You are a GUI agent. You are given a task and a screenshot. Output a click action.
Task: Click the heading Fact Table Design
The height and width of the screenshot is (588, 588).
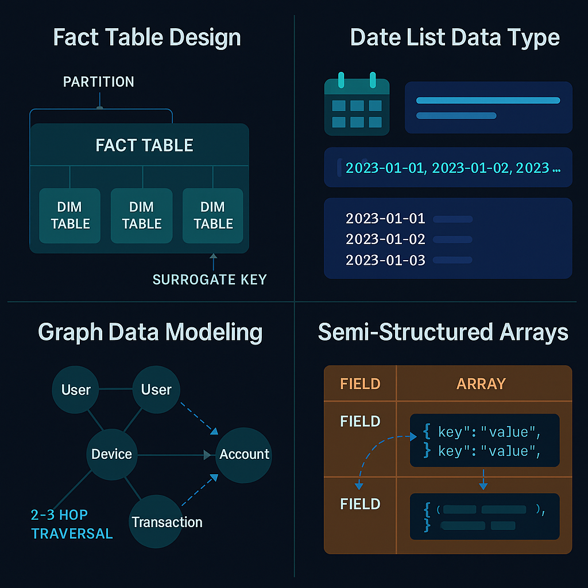pyautogui.click(x=146, y=38)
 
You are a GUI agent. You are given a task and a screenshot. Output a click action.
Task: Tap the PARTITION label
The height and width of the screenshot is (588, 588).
pyautogui.click(x=98, y=82)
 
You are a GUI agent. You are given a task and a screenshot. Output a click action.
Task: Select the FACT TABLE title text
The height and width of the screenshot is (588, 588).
pyautogui.click(x=144, y=145)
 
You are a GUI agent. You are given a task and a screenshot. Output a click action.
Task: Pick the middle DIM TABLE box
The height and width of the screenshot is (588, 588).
pyautogui.click(x=142, y=215)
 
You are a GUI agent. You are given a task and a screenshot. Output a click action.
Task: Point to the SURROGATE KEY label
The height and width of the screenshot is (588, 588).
pyautogui.click(x=210, y=280)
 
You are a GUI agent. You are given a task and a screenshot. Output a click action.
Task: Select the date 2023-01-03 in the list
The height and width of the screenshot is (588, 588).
pyautogui.click(x=385, y=260)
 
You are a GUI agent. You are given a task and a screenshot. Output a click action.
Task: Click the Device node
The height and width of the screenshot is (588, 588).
pyautogui.click(x=111, y=454)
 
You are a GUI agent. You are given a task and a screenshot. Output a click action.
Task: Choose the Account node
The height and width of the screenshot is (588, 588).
pyautogui.click(x=244, y=454)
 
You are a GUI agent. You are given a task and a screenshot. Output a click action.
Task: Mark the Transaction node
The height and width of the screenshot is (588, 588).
pyautogui.click(x=167, y=521)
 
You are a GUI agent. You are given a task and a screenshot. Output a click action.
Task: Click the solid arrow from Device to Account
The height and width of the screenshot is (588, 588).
pyautogui.click(x=172, y=455)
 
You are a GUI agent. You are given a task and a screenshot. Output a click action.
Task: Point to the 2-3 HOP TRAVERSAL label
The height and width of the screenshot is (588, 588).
pyautogui.click(x=72, y=524)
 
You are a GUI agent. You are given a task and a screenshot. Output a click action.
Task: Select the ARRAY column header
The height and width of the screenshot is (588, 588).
pyautogui.click(x=481, y=384)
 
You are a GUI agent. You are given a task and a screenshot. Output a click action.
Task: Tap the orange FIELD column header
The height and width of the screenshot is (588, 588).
pyautogui.click(x=360, y=384)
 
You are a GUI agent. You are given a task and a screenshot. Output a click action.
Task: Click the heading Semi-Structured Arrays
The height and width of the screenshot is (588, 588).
pyautogui.click(x=443, y=332)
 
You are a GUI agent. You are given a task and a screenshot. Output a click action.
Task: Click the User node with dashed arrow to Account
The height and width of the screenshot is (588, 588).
pyautogui.click(x=156, y=390)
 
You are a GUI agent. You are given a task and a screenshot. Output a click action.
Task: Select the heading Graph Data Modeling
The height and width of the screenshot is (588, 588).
pyautogui.click(x=150, y=332)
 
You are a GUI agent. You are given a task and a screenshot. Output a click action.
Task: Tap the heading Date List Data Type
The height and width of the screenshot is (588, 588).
pyautogui.click(x=455, y=38)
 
